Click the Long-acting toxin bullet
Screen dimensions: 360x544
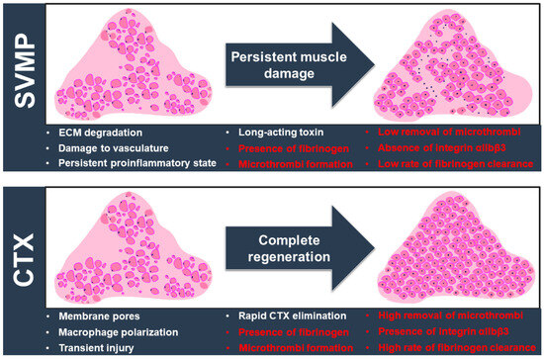pos(275,132)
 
